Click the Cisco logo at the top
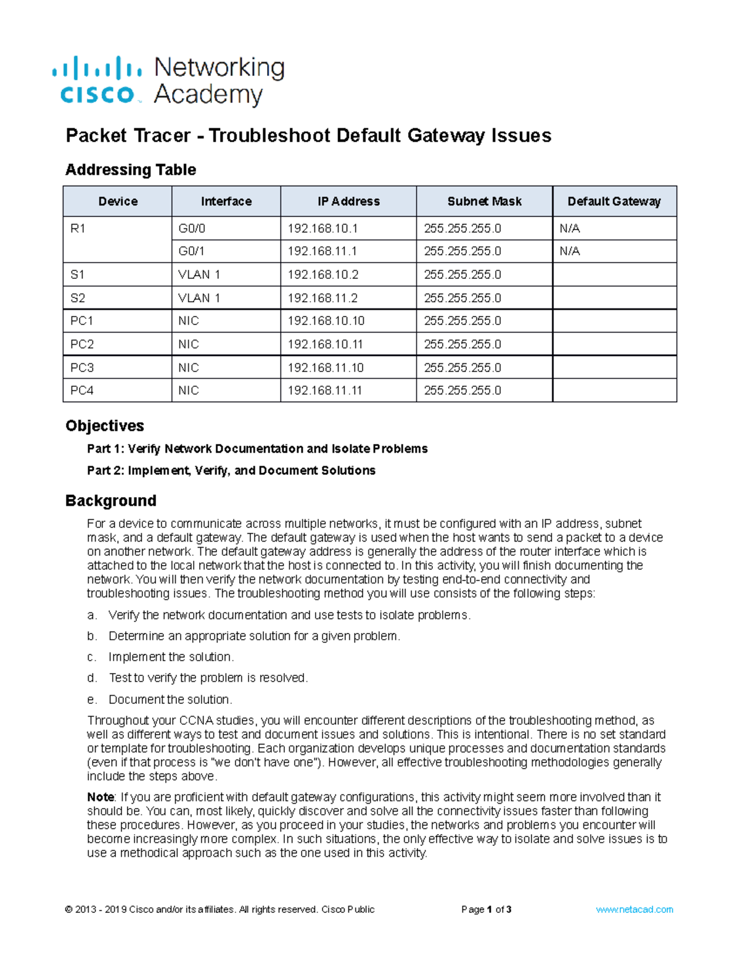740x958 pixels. (97, 81)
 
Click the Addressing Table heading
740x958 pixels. (130, 170)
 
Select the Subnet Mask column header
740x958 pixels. (484, 201)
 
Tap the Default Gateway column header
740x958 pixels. (614, 201)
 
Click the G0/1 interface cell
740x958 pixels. (191, 251)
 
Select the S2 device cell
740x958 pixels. (78, 298)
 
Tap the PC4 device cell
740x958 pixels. (82, 390)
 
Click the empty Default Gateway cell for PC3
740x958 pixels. (614, 368)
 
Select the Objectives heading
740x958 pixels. (104, 426)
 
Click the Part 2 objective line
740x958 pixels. (231, 471)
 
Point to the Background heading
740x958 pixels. (110, 500)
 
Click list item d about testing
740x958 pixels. (208, 678)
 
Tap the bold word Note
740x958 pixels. (101, 797)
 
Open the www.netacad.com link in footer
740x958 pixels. (634, 909)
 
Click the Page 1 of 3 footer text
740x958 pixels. (486, 909)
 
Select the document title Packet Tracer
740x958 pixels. (308, 136)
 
